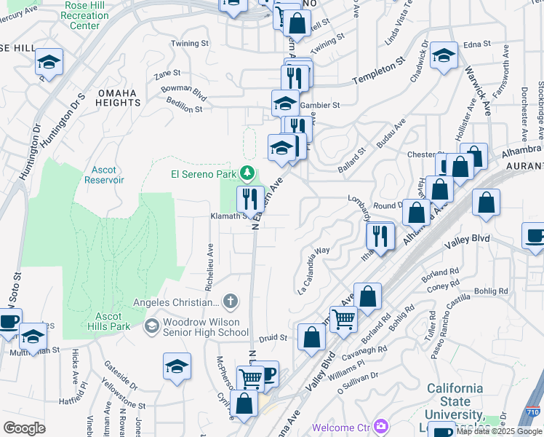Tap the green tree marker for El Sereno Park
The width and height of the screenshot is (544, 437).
pos(248,173)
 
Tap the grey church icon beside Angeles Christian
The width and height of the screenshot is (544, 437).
pos(230,302)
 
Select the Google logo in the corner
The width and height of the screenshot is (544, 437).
pos(25,428)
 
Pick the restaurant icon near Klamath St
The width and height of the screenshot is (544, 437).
pos(249,197)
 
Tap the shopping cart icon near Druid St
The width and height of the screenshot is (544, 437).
pos(343,318)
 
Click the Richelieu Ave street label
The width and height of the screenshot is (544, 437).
pos(209,247)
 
